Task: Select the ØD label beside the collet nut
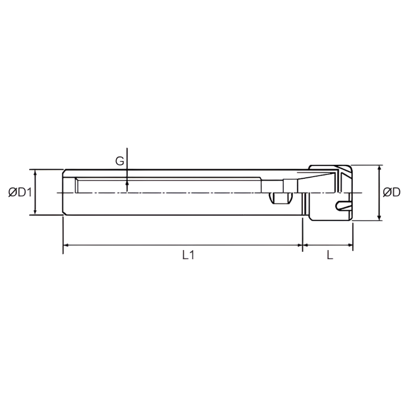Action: [391, 192]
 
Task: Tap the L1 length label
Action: [188, 255]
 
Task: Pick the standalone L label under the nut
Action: [330, 255]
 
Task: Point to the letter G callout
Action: [119, 161]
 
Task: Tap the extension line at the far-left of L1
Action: [63, 236]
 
